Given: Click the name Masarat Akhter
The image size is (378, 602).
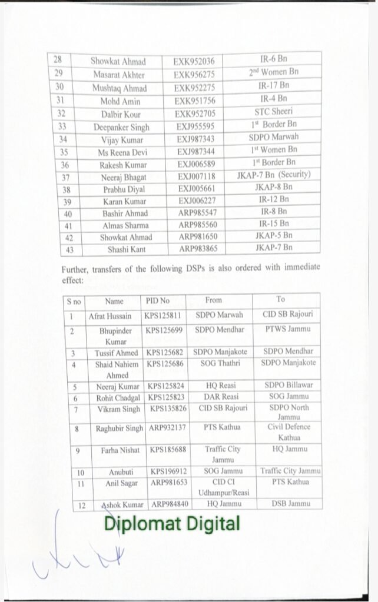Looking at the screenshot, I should (x=119, y=74).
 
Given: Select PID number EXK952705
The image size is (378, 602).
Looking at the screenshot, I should (x=195, y=113).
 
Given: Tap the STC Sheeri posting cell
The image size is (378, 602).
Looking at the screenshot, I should (x=273, y=112).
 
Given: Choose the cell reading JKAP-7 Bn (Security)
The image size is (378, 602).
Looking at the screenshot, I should (x=273, y=175).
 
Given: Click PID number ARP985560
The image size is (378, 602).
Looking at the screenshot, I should (x=196, y=225).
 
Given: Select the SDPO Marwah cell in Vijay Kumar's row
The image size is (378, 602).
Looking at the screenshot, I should (x=273, y=137).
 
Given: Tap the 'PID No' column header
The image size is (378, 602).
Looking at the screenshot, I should (x=157, y=301).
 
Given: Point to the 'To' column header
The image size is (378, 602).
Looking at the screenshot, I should (x=280, y=299).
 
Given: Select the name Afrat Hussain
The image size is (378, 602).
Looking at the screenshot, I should (x=110, y=316).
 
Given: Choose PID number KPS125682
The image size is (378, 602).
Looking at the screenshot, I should (x=165, y=352).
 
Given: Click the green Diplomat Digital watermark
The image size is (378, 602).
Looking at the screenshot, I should (x=173, y=523).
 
